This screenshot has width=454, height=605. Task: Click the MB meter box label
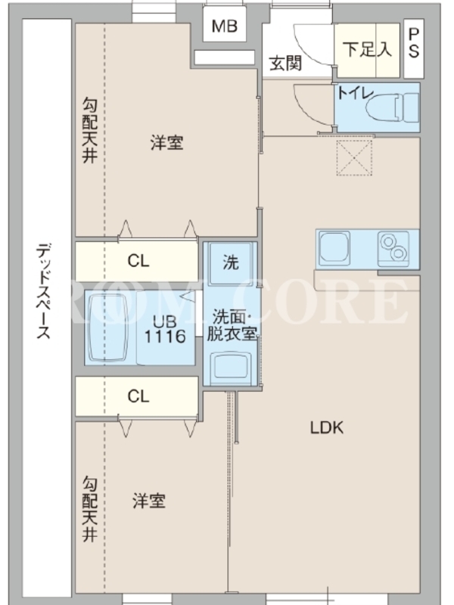point(224,26)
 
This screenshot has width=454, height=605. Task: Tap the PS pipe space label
point(413,43)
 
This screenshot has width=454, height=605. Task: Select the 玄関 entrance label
point(286,64)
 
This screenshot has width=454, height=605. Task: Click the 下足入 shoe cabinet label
point(367,49)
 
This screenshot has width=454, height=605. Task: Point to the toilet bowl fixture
point(391,107)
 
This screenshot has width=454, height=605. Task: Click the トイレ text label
point(356,93)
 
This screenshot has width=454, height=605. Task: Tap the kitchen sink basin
point(334,246)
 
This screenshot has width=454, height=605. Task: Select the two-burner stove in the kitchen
point(393,248)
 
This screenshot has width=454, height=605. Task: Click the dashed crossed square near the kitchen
point(354,158)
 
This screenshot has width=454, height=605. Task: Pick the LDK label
point(327,427)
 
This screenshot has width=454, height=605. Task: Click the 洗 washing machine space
point(231,262)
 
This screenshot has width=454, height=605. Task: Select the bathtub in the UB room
point(107,327)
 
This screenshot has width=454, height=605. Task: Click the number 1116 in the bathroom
point(165,337)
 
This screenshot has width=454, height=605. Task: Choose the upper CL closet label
point(138,261)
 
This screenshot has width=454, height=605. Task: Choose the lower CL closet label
point(138,396)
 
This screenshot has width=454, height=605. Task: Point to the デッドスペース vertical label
point(44,291)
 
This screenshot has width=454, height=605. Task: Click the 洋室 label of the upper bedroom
point(166,142)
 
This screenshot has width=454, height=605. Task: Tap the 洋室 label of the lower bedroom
point(149,501)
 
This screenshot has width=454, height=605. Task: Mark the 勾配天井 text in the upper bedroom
point(90,130)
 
